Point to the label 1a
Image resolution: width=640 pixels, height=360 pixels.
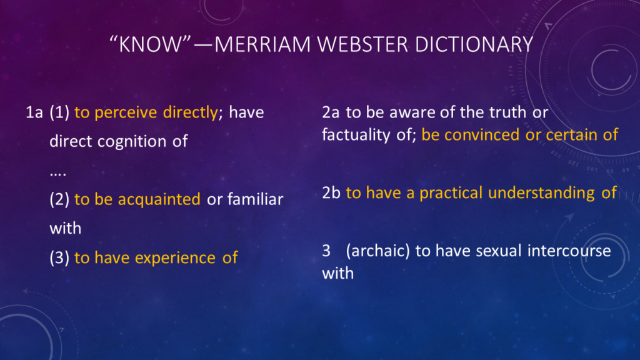[34, 113]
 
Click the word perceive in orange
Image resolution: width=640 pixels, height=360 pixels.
[127, 113]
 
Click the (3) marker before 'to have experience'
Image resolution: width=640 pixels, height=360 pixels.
[59, 257]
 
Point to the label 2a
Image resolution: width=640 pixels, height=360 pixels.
[331, 113]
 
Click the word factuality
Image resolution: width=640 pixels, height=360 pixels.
[356, 134]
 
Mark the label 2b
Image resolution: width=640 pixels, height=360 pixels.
[331, 193]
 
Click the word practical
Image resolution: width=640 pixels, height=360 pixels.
[451, 193]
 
